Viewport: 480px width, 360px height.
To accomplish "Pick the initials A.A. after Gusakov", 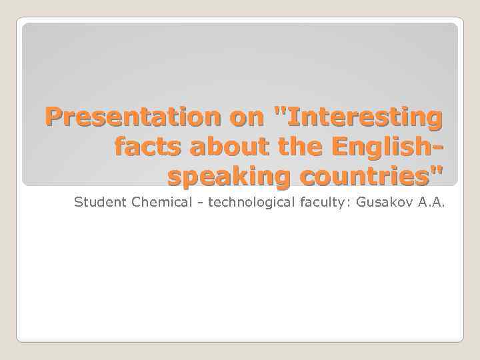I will point(431,202).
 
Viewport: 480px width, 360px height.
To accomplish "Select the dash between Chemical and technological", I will point(199,203).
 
